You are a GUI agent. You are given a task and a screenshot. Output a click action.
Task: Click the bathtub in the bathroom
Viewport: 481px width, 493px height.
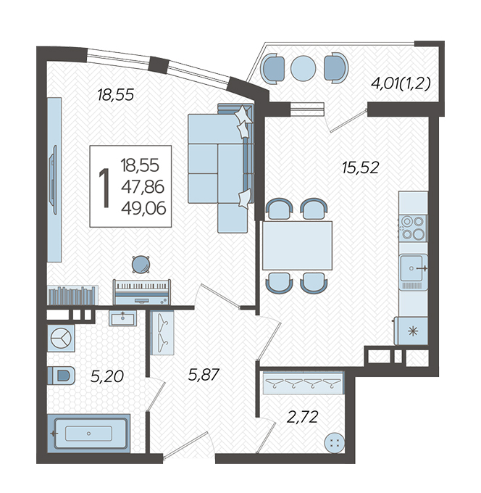[x=88, y=434]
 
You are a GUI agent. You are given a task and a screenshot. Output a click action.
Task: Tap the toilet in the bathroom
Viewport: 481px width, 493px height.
[x=62, y=375]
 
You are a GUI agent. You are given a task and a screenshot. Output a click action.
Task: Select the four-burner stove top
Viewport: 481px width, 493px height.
[x=413, y=228]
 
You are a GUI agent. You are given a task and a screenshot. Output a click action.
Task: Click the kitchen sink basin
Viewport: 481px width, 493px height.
[x=413, y=268]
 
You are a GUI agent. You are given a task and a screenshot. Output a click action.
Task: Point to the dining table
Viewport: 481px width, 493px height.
[x=297, y=245]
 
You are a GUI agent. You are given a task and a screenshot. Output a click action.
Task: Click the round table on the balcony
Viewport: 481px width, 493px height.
[x=304, y=68]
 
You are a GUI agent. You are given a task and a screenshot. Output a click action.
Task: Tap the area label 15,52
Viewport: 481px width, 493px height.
[x=361, y=167]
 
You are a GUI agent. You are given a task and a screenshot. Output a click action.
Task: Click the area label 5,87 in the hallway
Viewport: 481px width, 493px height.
[x=204, y=375]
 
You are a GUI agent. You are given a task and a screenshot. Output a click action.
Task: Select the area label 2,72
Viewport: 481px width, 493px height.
[x=303, y=417]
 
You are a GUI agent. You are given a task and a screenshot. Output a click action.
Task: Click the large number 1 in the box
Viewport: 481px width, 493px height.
[x=104, y=187]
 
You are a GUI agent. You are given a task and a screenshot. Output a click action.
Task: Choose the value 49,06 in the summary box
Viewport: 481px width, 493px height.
[x=143, y=208]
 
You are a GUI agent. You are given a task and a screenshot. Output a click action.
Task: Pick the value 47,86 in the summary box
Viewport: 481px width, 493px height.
[x=143, y=187]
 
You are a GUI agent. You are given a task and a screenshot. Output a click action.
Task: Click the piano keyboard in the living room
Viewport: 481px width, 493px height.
[x=142, y=291]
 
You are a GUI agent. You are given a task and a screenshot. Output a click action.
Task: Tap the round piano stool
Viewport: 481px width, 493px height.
[x=141, y=264]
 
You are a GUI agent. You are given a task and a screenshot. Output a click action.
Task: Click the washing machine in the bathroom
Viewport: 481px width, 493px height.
[x=61, y=339]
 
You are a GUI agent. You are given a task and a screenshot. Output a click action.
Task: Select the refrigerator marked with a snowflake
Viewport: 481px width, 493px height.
[x=411, y=331]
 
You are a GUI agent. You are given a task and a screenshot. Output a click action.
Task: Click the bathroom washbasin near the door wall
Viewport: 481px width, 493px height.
[x=123, y=318]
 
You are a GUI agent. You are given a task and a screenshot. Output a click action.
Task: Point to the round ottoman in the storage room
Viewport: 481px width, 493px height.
[x=335, y=444]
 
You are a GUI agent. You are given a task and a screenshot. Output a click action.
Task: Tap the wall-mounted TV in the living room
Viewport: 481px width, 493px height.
[x=54, y=180]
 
